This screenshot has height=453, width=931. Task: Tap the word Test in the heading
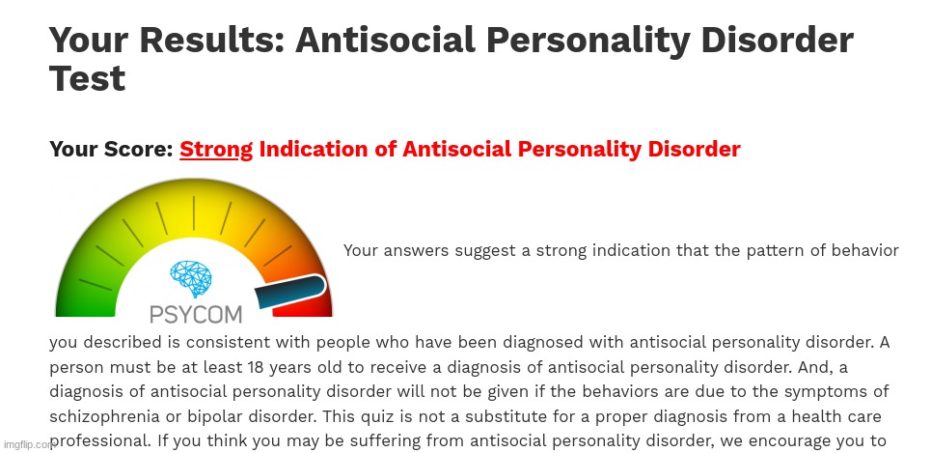coord(87,79)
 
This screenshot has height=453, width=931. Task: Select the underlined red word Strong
coord(216,150)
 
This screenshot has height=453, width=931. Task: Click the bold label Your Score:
coord(111,150)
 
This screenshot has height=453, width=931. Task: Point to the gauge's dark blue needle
coord(289,292)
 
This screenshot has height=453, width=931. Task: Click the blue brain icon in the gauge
coord(192,279)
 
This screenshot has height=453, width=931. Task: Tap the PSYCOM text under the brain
coord(196,314)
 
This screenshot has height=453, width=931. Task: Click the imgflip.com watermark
coord(28,445)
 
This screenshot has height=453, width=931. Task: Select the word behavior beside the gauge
coord(865,251)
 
